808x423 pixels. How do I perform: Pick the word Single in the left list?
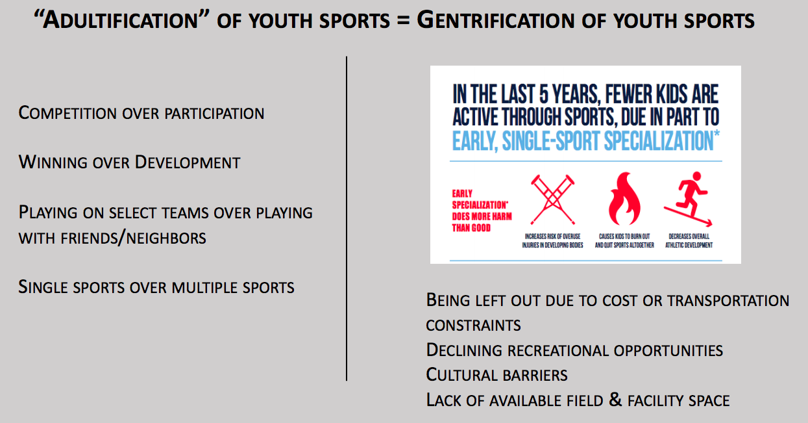pos(42,287)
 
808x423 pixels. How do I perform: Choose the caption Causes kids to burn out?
pos(624,240)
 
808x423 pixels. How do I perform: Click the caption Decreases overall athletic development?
pos(690,240)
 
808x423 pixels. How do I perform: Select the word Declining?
pos(464,350)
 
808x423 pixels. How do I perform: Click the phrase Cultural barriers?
pos(496,375)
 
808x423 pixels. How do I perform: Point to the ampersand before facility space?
pos(615,400)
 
